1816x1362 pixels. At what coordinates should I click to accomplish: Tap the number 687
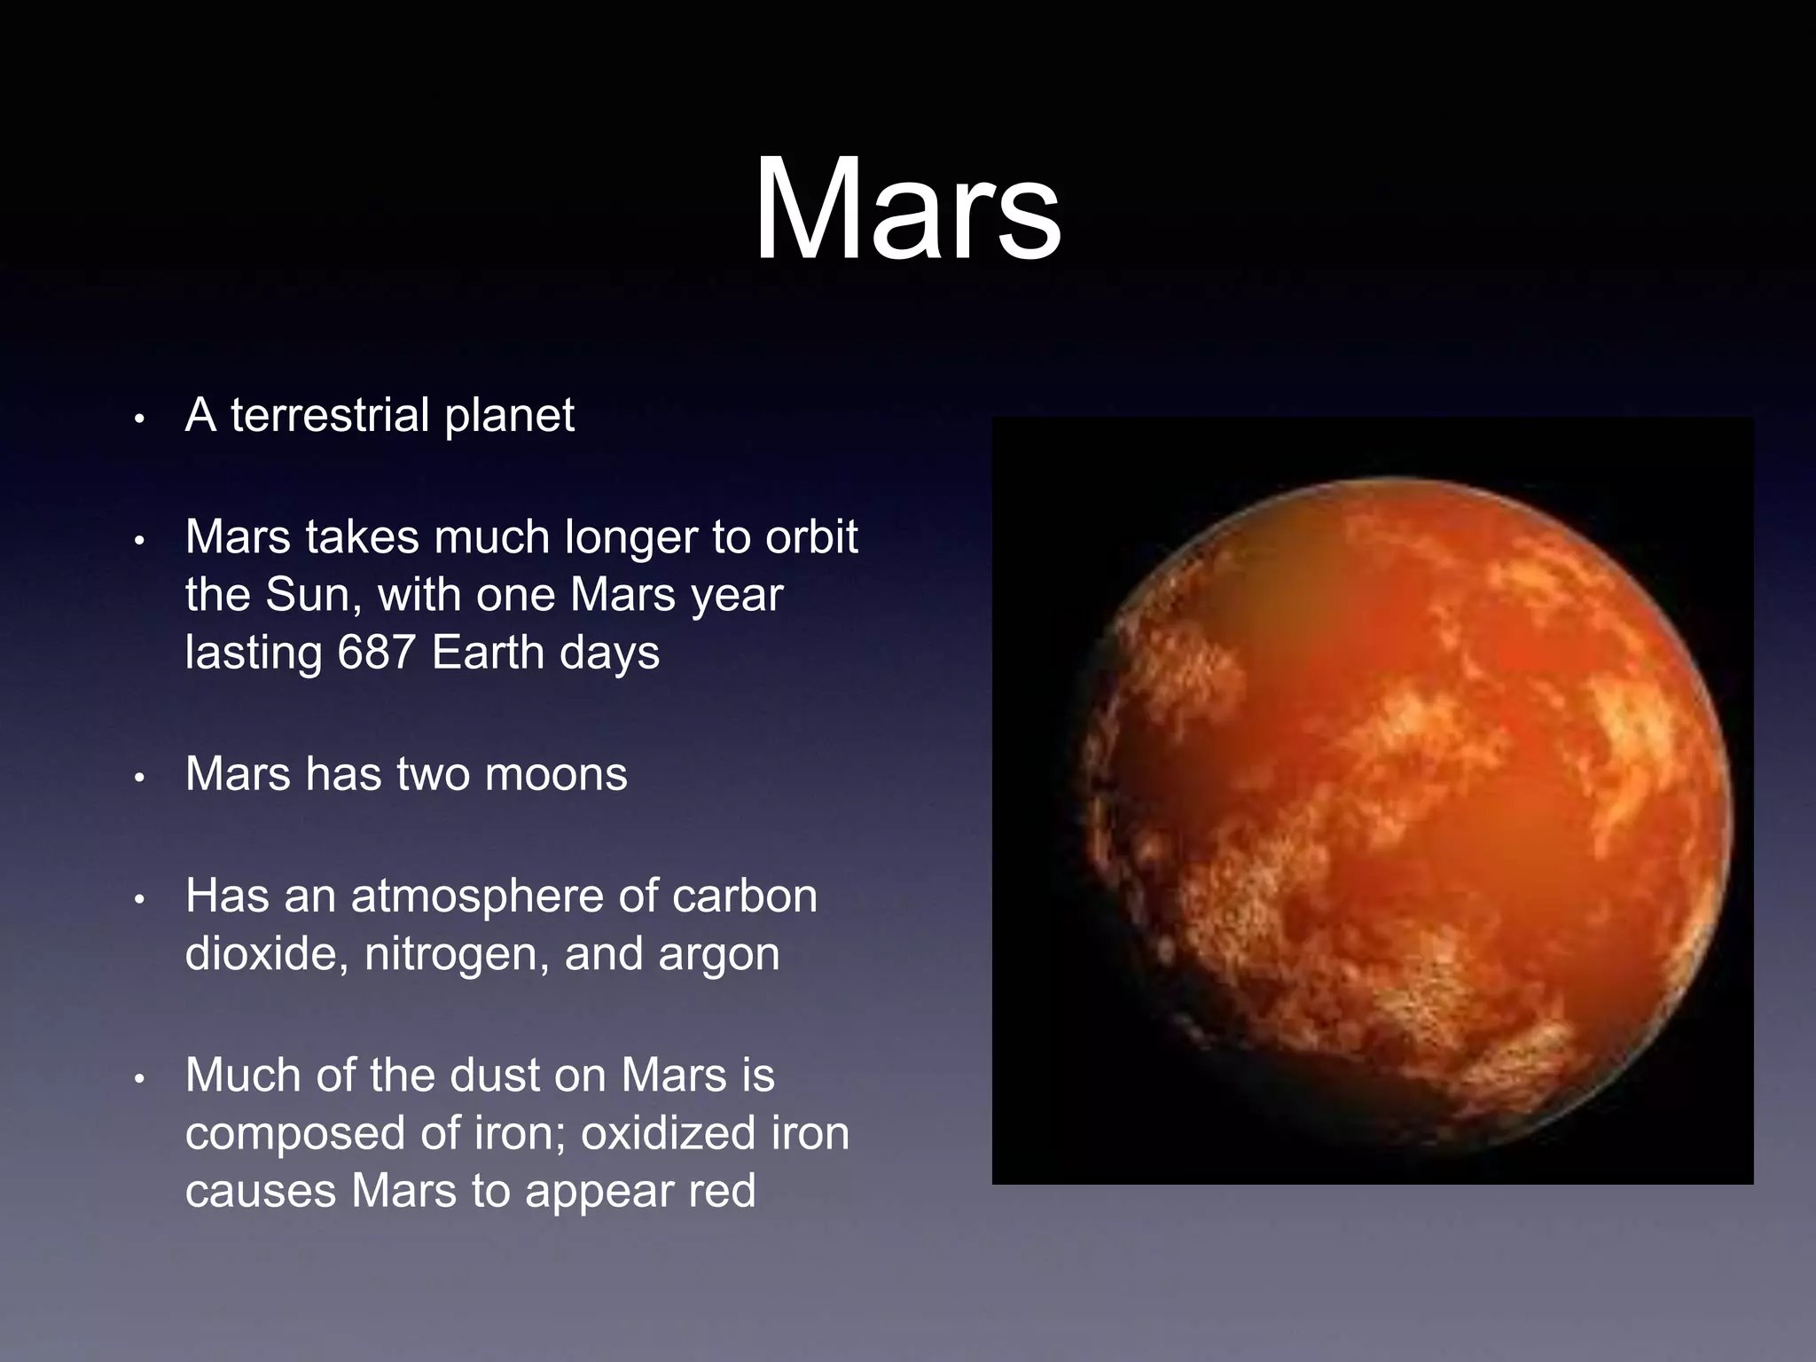[376, 653]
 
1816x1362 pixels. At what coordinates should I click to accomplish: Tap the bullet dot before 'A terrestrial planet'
[138, 419]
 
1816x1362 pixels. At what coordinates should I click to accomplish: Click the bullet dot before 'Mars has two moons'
[138, 778]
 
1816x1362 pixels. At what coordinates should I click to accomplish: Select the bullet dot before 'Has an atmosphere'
[138, 900]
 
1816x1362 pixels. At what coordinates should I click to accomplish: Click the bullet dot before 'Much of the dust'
[138, 1079]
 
